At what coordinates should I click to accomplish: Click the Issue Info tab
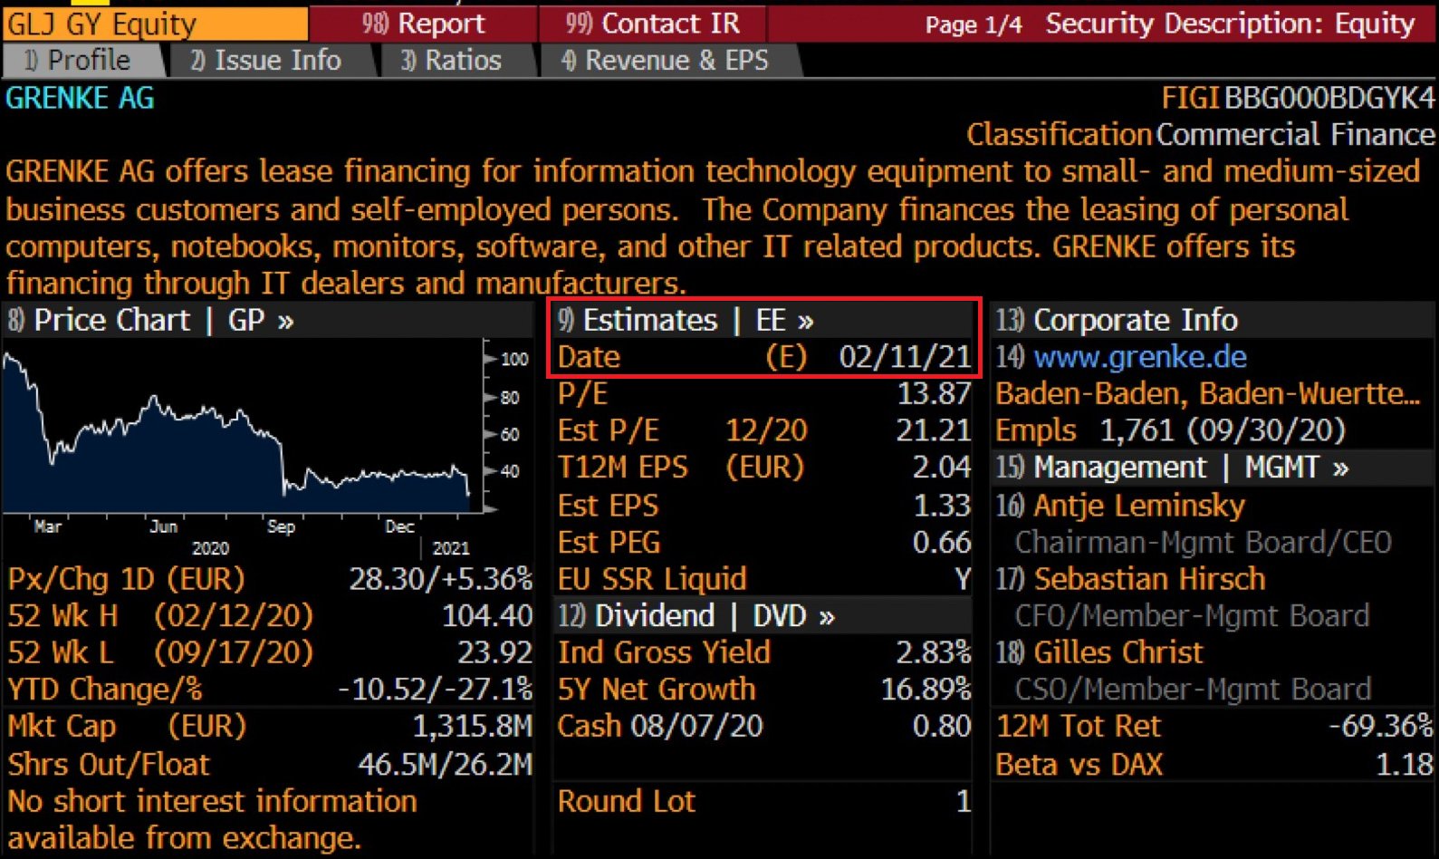pyautogui.click(x=268, y=61)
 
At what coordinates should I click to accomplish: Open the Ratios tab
pyautogui.click(x=453, y=61)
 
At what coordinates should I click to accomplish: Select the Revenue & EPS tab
pyautogui.click(x=667, y=61)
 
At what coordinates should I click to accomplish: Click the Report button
pyautogui.click(x=424, y=23)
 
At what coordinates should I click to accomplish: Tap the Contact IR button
pyautogui.click(x=652, y=23)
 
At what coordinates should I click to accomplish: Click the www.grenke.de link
pyautogui.click(x=1140, y=357)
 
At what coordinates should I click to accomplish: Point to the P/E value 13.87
pyautogui.click(x=934, y=394)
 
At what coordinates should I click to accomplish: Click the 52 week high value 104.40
pyautogui.click(x=487, y=616)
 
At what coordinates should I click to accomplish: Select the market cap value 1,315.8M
pyautogui.click(x=472, y=727)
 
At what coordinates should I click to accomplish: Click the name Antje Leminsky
pyautogui.click(x=1139, y=506)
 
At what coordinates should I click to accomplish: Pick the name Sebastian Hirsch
pyautogui.click(x=1149, y=579)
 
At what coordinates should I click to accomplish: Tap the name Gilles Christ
pyautogui.click(x=1118, y=652)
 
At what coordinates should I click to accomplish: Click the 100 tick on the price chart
pyautogui.click(x=514, y=359)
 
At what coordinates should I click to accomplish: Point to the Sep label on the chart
pyautogui.click(x=281, y=526)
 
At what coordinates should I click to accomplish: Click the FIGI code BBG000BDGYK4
pyautogui.click(x=1329, y=98)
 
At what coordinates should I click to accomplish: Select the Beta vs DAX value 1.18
pyautogui.click(x=1405, y=765)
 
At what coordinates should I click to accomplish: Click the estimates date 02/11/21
pyautogui.click(x=905, y=357)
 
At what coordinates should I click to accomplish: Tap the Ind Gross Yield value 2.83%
pyautogui.click(x=933, y=652)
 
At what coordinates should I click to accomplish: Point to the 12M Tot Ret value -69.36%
pyautogui.click(x=1380, y=727)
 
